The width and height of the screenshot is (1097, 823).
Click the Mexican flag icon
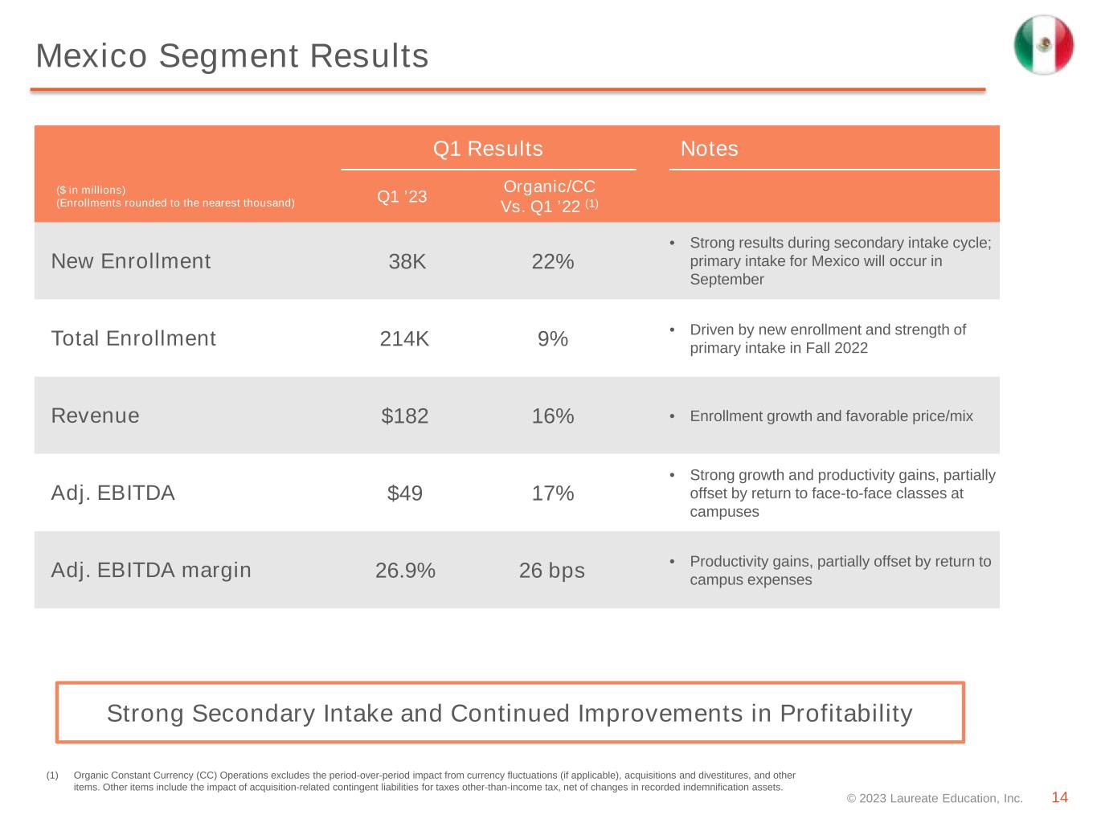(1043, 45)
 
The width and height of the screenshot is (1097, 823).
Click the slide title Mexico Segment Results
(232, 55)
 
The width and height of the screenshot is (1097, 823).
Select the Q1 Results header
(488, 149)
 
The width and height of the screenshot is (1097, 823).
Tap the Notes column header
(709, 149)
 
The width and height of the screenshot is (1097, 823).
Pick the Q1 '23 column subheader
(401, 196)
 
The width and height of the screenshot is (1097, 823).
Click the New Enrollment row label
(131, 261)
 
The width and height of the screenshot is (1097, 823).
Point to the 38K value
(407, 261)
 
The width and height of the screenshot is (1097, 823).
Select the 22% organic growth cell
(552, 261)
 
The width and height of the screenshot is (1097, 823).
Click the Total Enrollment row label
(133, 338)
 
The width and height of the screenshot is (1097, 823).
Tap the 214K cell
(403, 339)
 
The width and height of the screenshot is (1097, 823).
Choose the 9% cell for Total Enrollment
(552, 339)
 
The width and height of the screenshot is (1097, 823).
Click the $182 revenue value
(404, 416)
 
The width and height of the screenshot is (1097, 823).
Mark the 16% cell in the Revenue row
(552, 416)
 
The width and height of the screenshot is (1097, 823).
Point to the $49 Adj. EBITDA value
(404, 493)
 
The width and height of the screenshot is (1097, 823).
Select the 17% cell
(552, 493)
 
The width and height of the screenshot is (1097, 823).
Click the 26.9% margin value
(405, 570)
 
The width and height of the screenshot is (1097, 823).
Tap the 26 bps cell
(551, 571)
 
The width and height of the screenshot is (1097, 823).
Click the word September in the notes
(727, 280)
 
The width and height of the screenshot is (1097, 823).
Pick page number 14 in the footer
(1059, 797)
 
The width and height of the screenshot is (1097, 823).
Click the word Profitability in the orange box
(846, 713)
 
